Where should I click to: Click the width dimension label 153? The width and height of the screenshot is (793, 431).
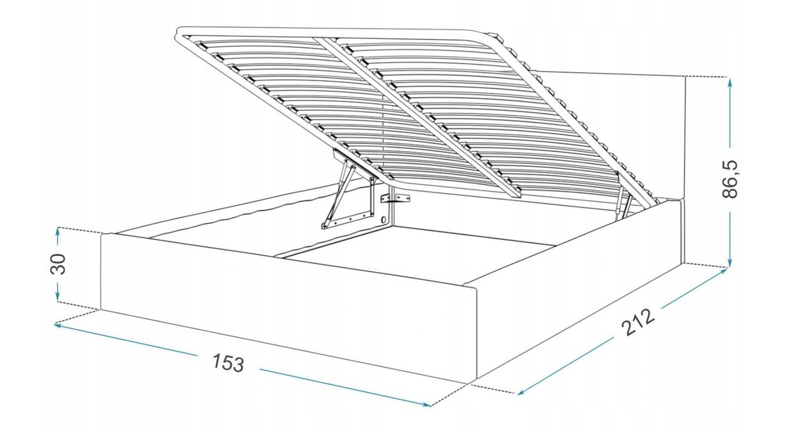(228, 363)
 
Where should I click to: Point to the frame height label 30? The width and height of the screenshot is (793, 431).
(58, 264)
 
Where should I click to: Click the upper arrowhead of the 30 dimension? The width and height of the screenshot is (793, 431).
(58, 232)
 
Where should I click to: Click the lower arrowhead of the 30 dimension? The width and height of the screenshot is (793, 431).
(58, 297)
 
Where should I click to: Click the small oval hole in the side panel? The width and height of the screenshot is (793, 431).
(385, 220)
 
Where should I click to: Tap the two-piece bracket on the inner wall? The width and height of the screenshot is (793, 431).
(396, 199)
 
